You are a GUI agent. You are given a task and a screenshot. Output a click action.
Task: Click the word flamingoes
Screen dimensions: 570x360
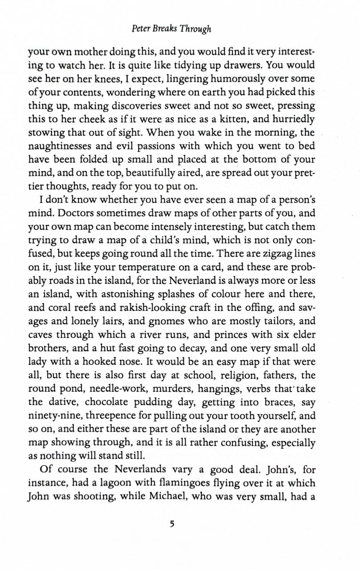pyautogui.click(x=202, y=483)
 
